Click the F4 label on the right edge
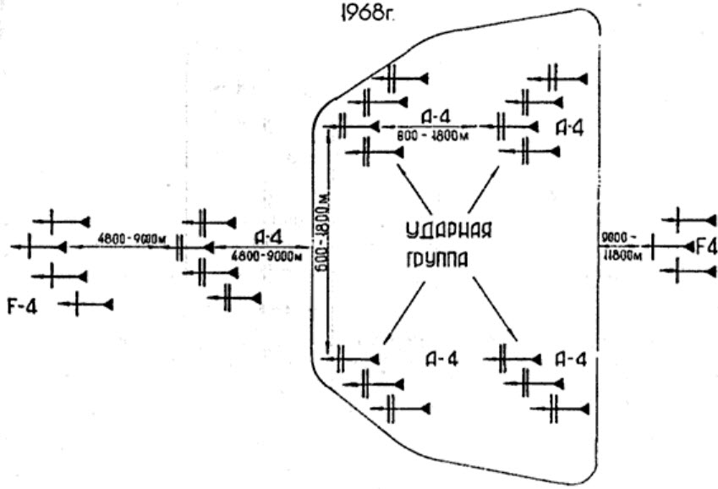pos(705,247)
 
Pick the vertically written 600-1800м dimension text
pos(320,240)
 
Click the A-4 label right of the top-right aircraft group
pos(571,127)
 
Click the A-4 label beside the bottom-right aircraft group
pos(571,359)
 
